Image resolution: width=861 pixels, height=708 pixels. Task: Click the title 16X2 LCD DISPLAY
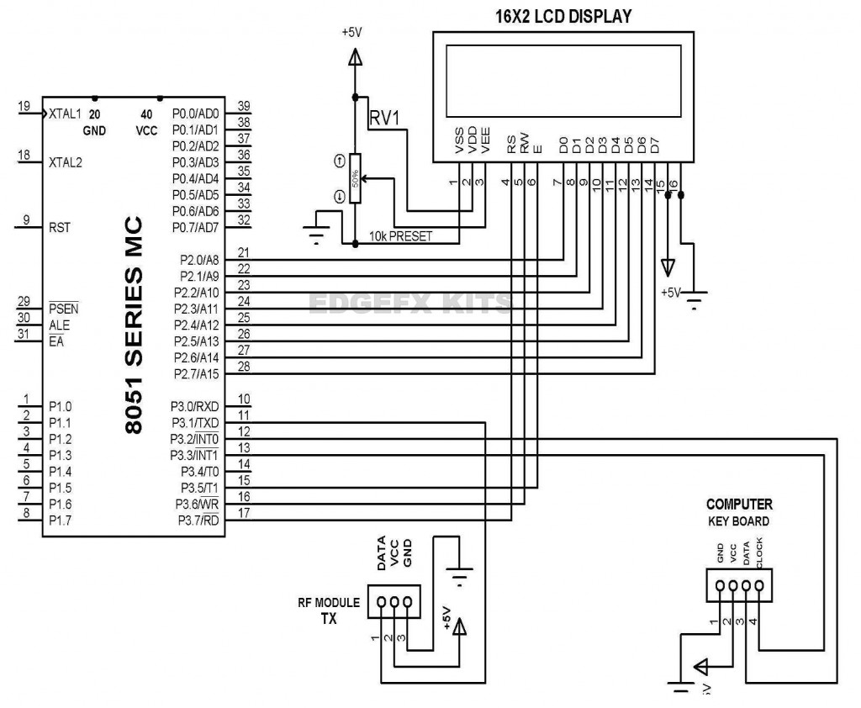[x=564, y=16]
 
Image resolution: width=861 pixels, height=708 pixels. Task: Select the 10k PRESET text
[x=400, y=236]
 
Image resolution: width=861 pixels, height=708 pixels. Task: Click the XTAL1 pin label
[x=65, y=113]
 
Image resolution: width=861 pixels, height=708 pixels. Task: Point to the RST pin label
[x=60, y=226]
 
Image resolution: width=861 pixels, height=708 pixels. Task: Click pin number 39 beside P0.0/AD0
[x=245, y=106]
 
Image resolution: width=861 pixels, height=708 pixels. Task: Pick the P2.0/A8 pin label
[x=198, y=260]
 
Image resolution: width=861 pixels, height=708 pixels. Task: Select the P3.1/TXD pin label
[x=195, y=423]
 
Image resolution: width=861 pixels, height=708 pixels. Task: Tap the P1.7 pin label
[x=61, y=520]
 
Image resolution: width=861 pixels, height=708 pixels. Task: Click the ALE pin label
[x=59, y=325]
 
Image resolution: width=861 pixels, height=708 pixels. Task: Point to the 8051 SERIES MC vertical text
[x=134, y=325]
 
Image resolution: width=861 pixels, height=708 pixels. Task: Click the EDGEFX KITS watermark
[x=409, y=303]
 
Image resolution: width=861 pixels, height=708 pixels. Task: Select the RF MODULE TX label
[x=329, y=610]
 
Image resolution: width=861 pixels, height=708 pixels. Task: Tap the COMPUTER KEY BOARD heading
[x=738, y=512]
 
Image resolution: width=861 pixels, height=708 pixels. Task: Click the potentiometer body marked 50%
[x=355, y=179]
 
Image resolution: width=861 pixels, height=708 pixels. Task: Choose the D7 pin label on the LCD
[x=655, y=145]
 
